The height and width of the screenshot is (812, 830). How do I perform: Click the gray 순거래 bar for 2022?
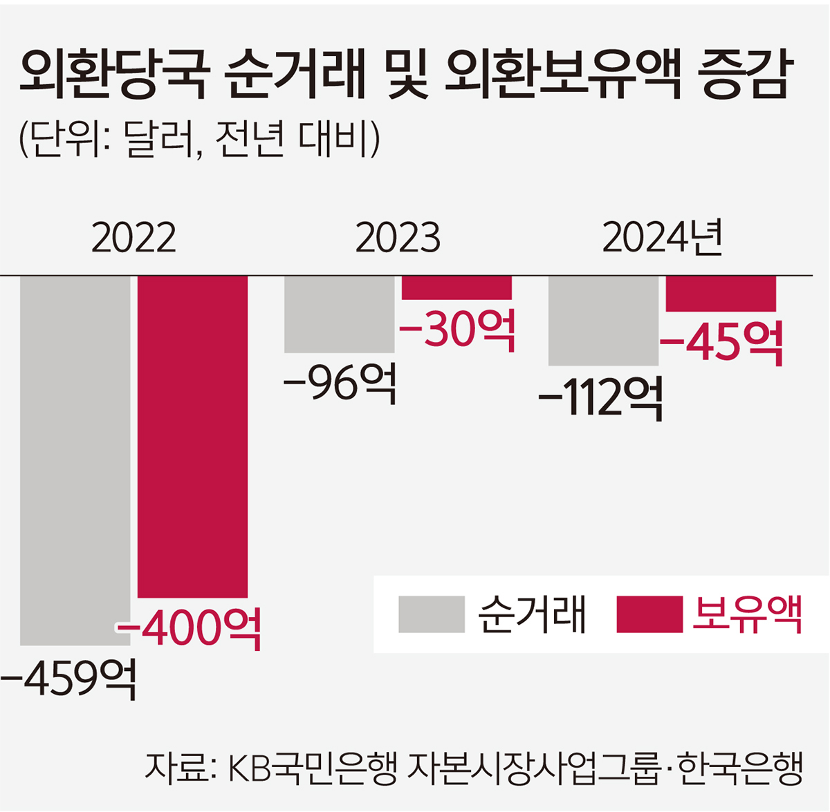click(75, 460)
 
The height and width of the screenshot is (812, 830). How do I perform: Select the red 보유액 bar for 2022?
click(192, 435)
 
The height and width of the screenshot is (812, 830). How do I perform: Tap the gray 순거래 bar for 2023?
click(339, 314)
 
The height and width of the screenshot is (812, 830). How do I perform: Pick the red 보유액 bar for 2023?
click(456, 287)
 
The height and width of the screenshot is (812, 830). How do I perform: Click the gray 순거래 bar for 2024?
click(603, 321)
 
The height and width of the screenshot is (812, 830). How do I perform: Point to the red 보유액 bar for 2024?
click(721, 294)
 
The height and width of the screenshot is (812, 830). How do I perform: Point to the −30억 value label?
click(458, 330)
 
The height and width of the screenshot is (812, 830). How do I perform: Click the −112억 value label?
click(601, 397)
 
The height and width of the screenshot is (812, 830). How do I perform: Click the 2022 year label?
click(133, 238)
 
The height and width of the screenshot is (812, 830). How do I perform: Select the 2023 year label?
click(398, 238)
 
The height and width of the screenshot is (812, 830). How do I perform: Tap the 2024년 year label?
click(663, 238)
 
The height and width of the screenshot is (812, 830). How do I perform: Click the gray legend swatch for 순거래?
click(432, 614)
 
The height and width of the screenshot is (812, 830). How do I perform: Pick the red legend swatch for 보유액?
click(649, 614)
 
